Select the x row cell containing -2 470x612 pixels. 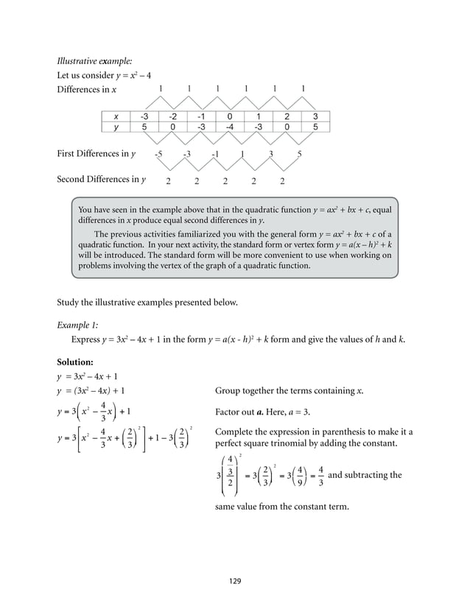(x=172, y=116)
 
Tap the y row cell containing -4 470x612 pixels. (x=230, y=127)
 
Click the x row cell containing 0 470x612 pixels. (x=230, y=116)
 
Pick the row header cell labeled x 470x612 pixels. (x=116, y=116)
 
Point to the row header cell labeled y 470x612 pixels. (x=116, y=127)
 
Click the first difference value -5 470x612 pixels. (x=158, y=155)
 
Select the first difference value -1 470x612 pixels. (x=215, y=155)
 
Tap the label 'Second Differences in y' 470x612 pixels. (x=101, y=179)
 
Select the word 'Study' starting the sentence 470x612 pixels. (x=69, y=301)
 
